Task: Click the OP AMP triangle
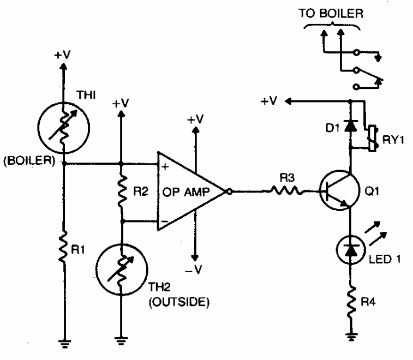pos(188,191)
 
